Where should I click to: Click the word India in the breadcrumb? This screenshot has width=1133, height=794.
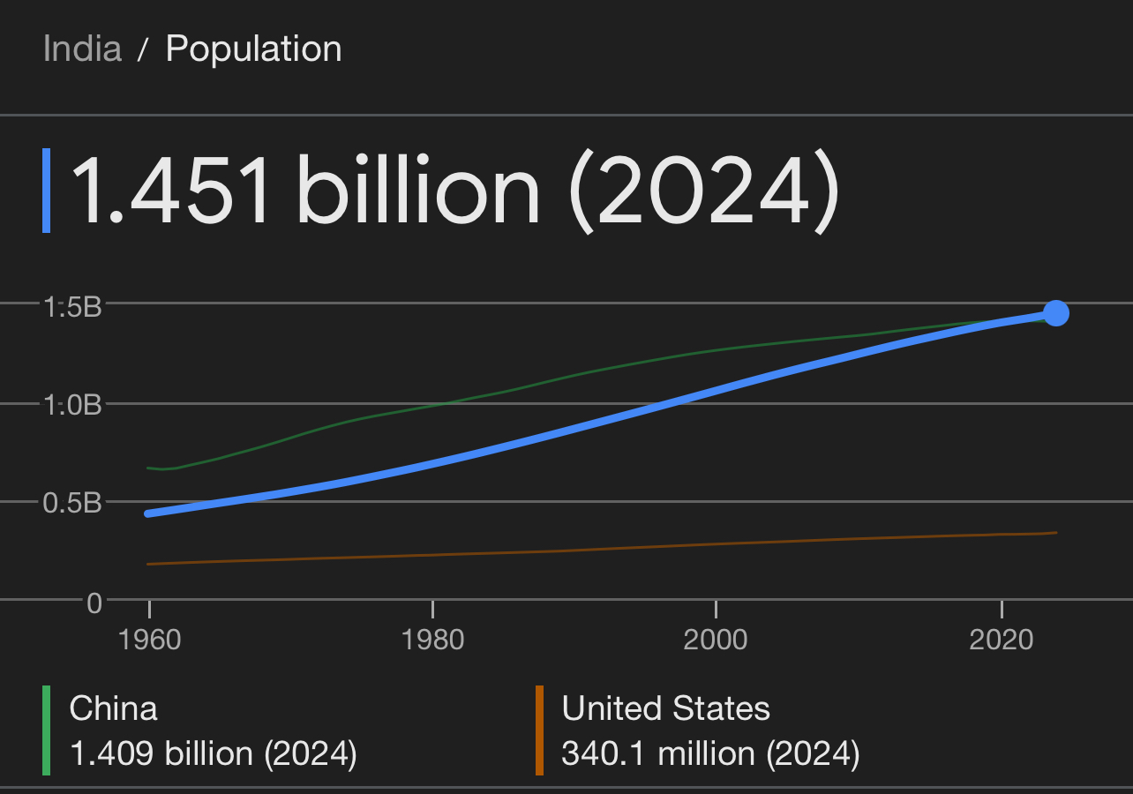tap(82, 49)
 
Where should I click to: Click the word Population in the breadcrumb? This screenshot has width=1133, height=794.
tap(253, 49)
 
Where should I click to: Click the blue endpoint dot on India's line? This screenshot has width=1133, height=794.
tap(1055, 313)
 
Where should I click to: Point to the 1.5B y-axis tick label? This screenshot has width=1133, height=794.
tap(72, 307)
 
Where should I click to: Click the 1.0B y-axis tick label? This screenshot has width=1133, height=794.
tap(72, 405)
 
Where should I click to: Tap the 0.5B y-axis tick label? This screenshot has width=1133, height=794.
tap(72, 503)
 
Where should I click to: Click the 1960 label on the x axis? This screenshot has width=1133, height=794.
tap(149, 639)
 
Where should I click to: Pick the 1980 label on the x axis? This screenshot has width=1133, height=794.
tap(432, 639)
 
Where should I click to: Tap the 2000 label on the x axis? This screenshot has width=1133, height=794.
tap(716, 639)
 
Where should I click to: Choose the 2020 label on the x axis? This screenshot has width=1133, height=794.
tap(1001, 639)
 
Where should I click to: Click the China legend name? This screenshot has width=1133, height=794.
tap(113, 708)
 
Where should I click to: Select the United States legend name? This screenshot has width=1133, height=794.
tap(665, 708)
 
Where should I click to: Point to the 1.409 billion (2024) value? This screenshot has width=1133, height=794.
tap(213, 754)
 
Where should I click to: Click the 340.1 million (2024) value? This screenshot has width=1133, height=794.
tap(710, 754)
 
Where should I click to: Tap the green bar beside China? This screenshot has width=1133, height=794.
tap(46, 730)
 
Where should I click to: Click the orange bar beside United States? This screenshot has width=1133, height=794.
tap(539, 730)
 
